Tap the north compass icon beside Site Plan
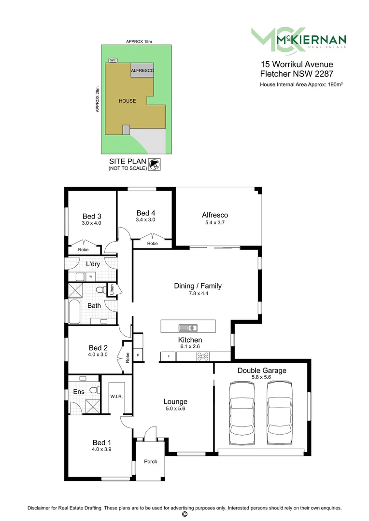(155, 165)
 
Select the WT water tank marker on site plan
(113, 60)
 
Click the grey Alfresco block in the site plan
(142, 70)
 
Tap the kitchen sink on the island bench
(188, 328)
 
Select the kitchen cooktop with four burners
(203, 357)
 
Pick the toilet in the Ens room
(96, 389)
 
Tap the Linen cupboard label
(112, 289)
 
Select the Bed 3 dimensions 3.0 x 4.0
(92, 223)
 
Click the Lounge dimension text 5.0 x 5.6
(175, 408)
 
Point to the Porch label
(151, 462)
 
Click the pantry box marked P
(138, 355)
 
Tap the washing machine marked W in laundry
(90, 276)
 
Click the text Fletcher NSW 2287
(296, 74)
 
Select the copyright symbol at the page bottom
(184, 514)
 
